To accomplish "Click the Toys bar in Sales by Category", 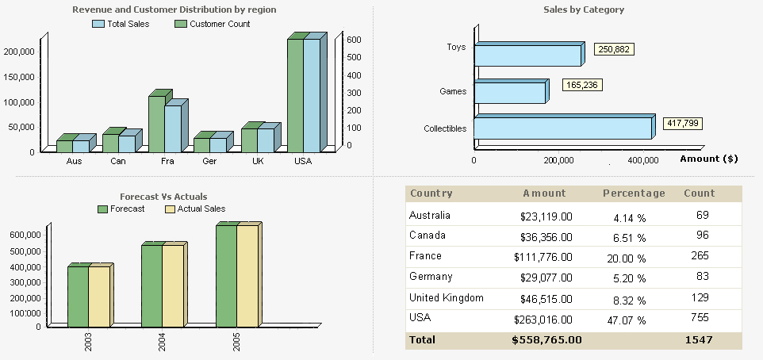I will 527,56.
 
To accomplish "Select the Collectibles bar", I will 562,128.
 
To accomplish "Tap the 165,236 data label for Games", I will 581,85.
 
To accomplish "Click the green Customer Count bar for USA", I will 295,95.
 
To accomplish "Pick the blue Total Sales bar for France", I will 173,128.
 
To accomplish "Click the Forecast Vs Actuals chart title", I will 163,196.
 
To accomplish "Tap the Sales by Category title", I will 584,10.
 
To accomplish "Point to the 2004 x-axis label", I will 162,342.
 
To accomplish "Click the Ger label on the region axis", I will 209,161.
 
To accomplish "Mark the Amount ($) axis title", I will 708,159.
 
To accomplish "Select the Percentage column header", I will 634,193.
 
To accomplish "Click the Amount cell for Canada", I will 546,236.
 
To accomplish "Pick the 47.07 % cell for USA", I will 629,320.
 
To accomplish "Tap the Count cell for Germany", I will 699,277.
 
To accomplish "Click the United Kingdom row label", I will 446,297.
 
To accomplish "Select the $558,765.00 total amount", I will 546,339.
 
